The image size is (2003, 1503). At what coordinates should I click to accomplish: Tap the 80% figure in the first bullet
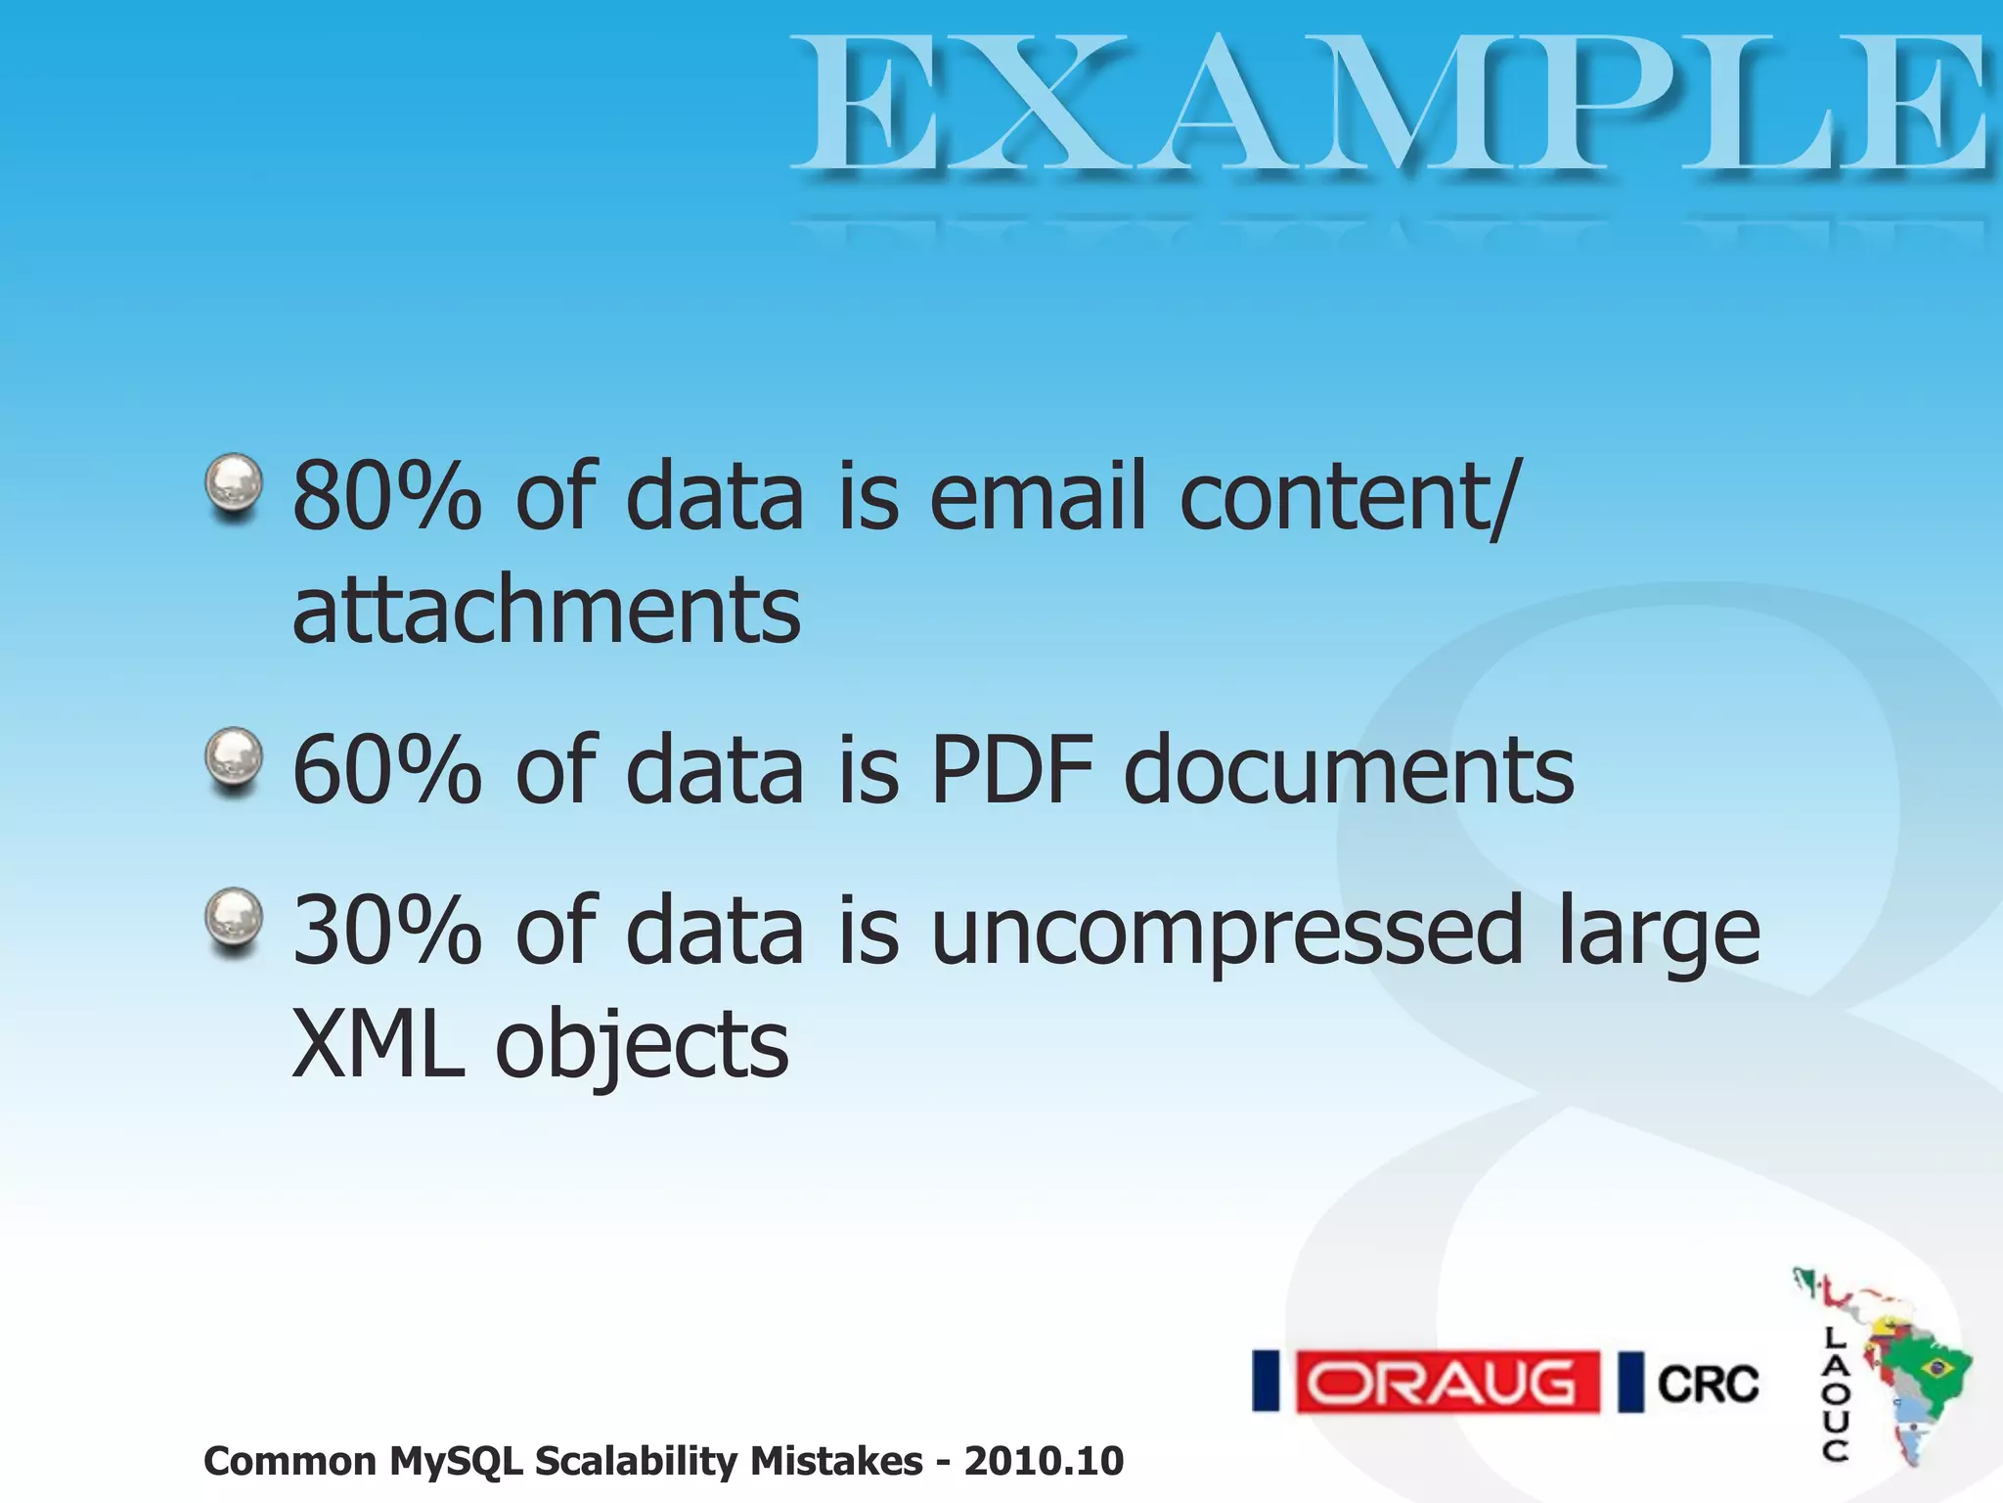point(387,497)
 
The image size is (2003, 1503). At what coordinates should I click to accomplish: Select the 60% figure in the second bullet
point(387,771)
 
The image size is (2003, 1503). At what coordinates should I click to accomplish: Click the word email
point(1037,497)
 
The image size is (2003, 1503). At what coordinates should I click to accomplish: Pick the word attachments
point(546,611)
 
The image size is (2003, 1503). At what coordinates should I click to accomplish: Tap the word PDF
point(1011,771)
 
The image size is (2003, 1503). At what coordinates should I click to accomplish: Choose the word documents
point(1349,771)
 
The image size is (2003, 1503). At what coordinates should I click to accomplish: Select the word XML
point(378,1045)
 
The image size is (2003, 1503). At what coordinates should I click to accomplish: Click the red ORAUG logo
point(1447,1382)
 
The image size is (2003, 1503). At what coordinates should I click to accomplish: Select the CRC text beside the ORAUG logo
point(1708,1384)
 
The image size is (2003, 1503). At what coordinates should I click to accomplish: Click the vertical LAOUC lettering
point(1835,1393)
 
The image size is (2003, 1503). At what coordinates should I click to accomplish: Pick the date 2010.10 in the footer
point(1044,1462)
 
